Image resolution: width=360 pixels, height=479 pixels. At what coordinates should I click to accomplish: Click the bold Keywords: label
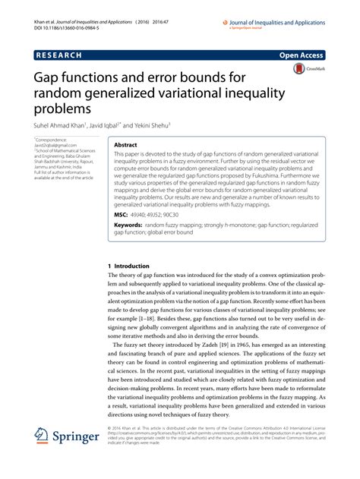pos(133,225)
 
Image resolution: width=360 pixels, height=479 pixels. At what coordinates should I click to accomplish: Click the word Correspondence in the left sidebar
pos(54,141)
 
